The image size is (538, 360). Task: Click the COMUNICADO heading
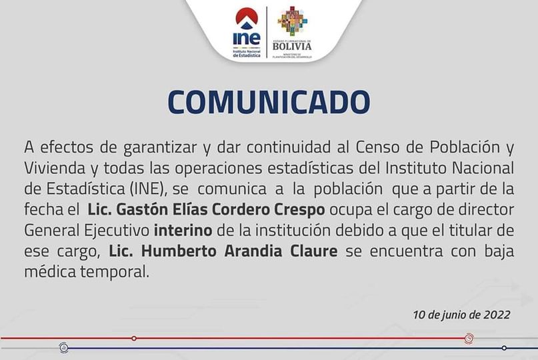269,102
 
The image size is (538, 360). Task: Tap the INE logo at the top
247,33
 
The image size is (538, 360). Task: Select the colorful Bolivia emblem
292,21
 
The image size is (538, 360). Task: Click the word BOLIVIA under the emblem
292,46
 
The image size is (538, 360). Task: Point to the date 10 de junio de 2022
461,315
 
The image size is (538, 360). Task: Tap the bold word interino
183,230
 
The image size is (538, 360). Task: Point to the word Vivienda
55,168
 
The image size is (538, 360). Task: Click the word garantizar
160,148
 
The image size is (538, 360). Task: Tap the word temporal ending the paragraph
115,272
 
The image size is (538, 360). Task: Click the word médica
50,272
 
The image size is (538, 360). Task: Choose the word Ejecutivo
117,231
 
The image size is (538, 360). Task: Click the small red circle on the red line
134,339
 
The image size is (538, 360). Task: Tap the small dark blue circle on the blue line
504,348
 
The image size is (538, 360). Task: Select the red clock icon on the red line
469,339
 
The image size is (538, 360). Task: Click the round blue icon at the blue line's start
63,348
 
